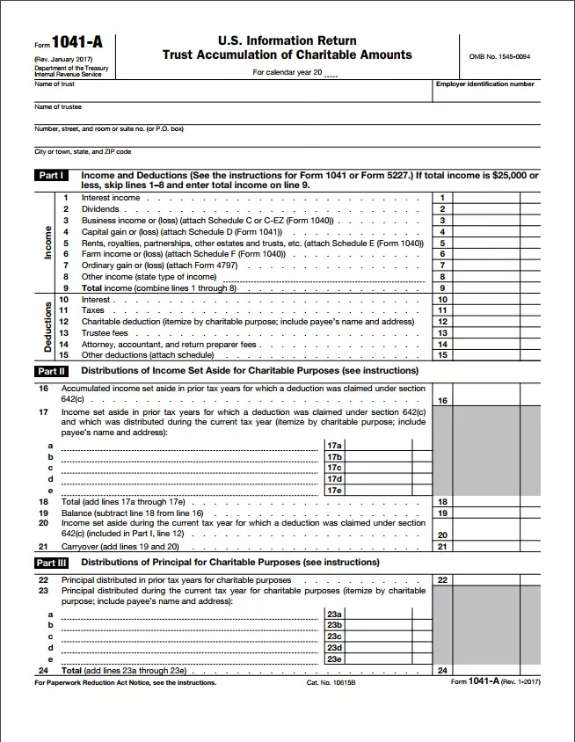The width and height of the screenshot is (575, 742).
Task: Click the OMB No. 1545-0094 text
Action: (x=500, y=57)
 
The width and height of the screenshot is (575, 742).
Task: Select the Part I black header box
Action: (x=52, y=176)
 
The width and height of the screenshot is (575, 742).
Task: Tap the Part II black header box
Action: (x=52, y=371)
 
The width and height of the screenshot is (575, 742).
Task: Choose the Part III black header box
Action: (x=52, y=563)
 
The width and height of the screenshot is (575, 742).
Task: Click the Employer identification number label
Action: (x=484, y=84)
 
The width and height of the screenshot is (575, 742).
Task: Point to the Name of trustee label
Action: (x=58, y=106)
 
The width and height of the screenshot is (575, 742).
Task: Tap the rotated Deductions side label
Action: (x=48, y=327)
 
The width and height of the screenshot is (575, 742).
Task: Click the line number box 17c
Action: (x=334, y=468)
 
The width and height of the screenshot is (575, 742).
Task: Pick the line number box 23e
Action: (x=334, y=658)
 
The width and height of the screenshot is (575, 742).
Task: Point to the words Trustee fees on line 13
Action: (x=105, y=333)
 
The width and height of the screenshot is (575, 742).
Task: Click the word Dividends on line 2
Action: (x=99, y=209)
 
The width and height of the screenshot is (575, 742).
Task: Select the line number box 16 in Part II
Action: (x=442, y=401)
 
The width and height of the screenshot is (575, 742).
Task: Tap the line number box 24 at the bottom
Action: (x=442, y=670)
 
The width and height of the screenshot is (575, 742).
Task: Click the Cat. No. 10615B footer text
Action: (x=330, y=682)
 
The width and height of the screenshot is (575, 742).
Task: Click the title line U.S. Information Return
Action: (x=287, y=40)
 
